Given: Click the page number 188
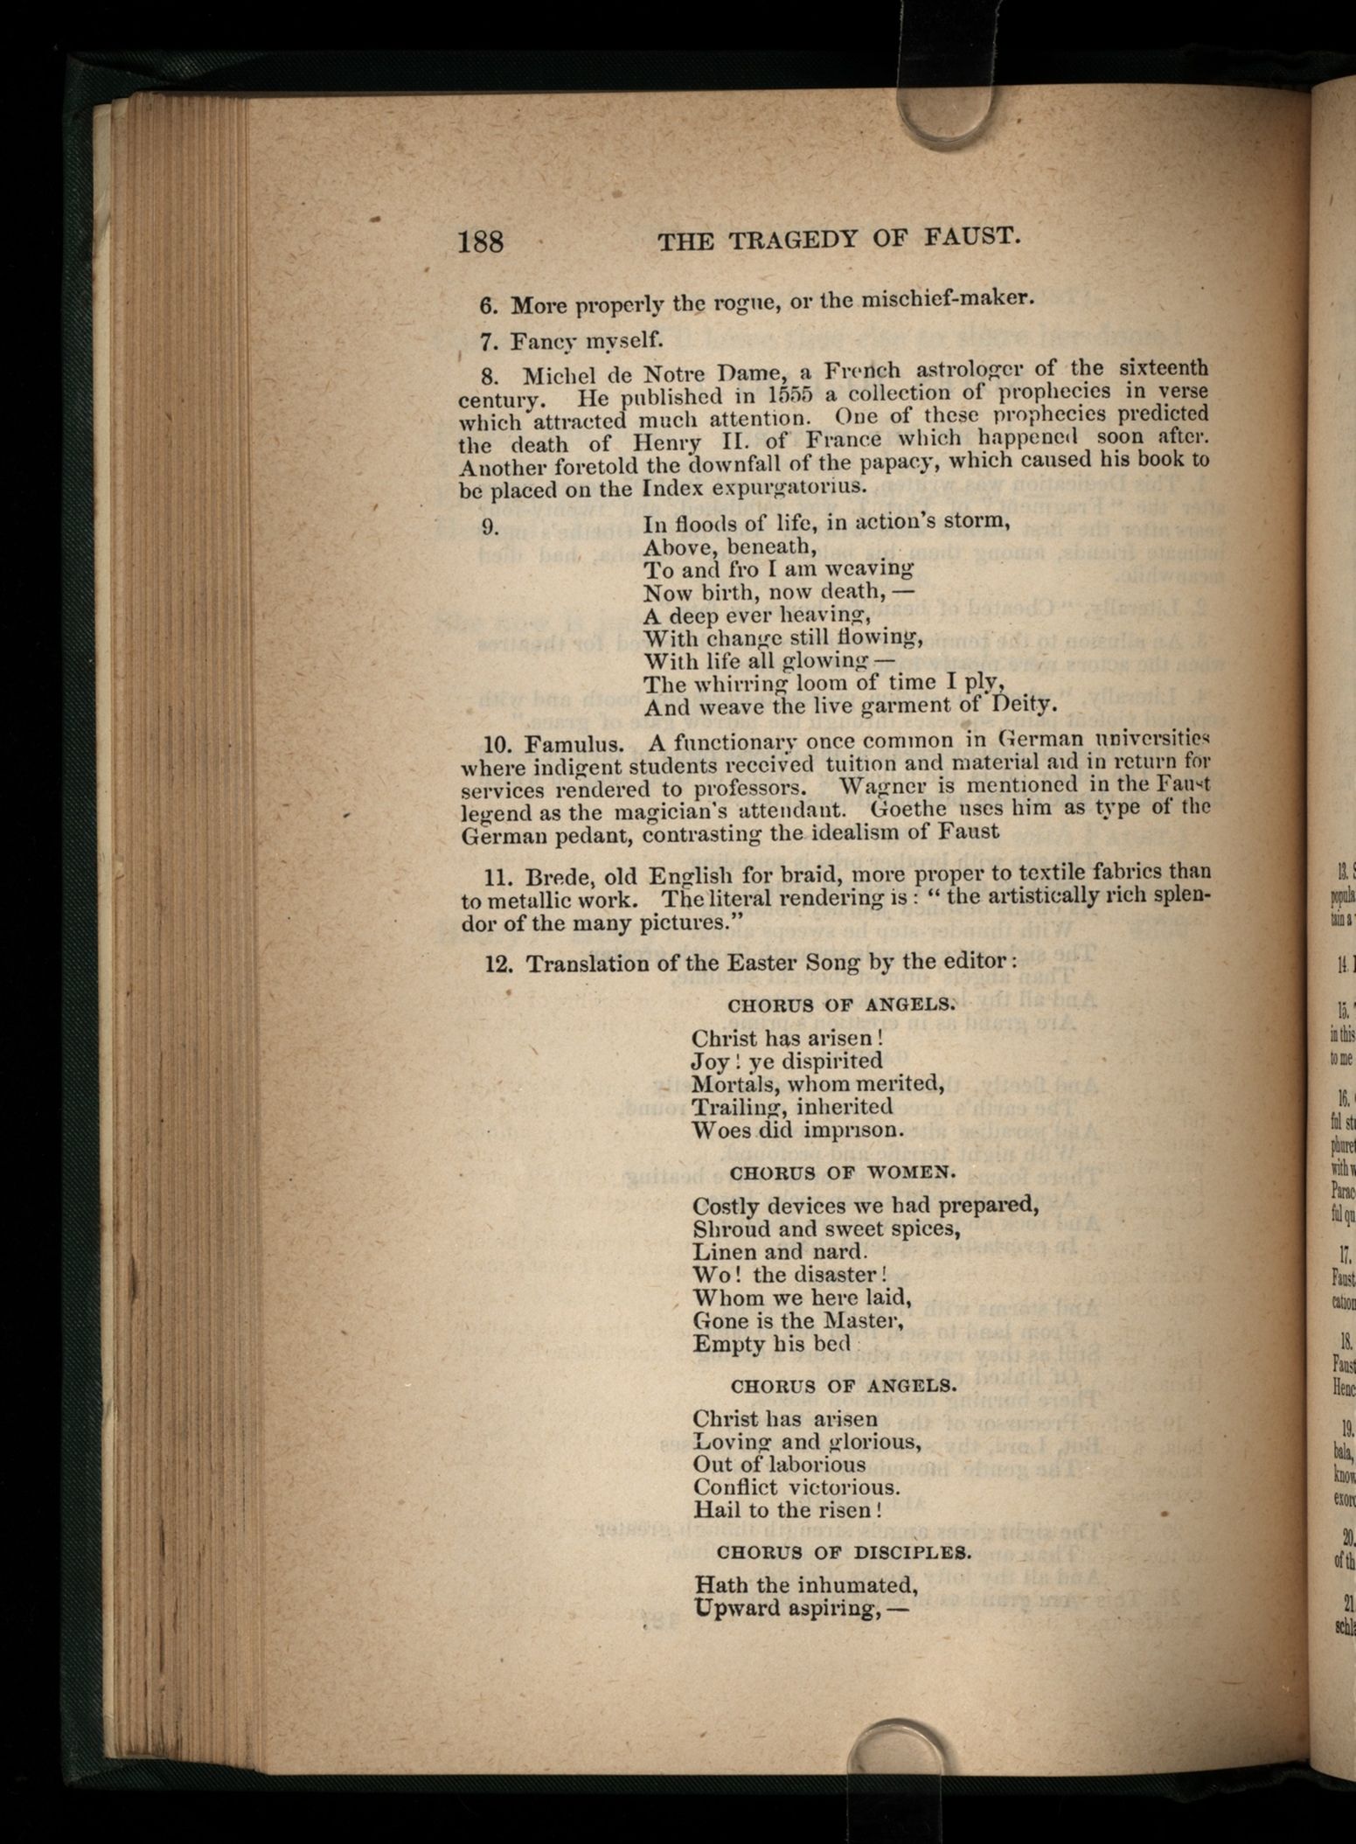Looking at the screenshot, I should (481, 240).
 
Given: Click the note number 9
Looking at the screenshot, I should (490, 525).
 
